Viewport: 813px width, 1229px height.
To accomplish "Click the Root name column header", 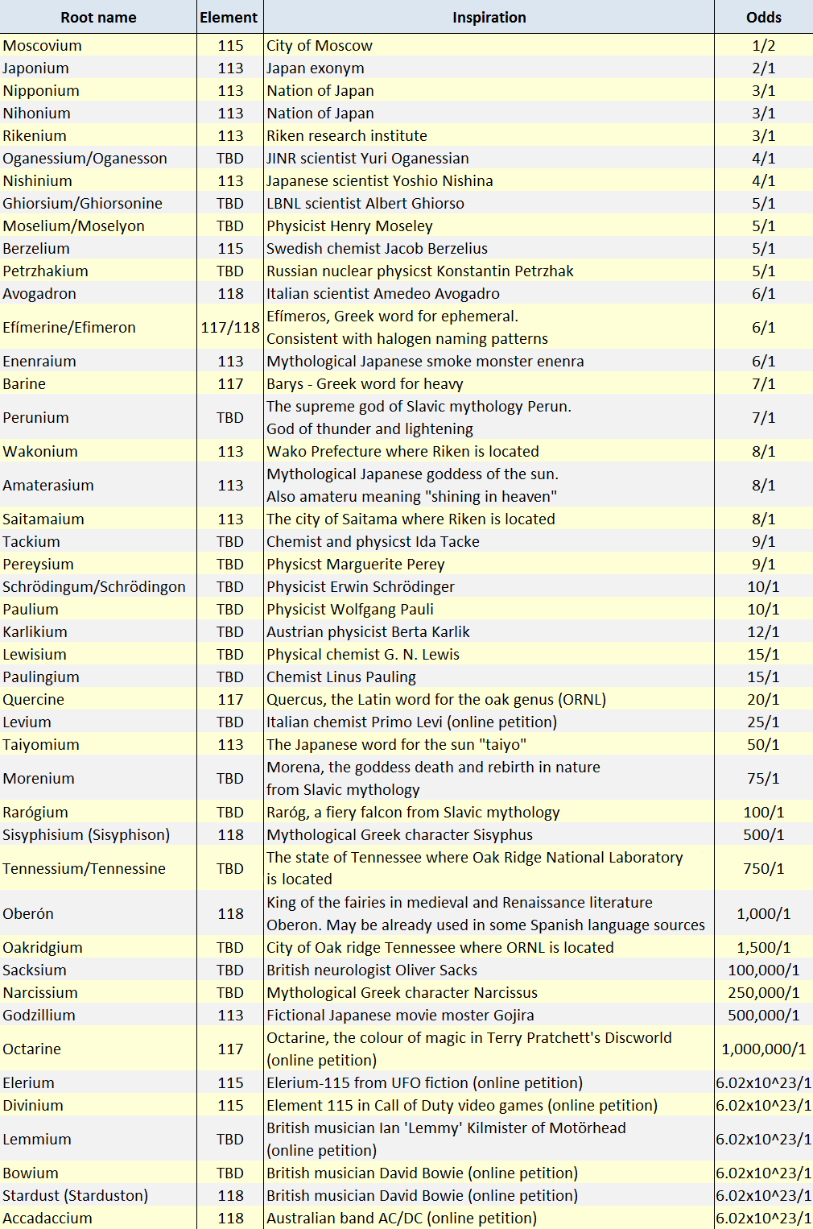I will (98, 18).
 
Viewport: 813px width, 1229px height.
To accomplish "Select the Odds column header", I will (763, 18).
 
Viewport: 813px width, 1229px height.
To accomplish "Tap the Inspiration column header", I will (489, 18).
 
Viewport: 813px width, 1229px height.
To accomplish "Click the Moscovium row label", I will (43, 46).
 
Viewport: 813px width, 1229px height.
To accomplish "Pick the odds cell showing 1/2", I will (763, 46).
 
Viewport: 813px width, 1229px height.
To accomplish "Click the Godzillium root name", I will (39, 1016).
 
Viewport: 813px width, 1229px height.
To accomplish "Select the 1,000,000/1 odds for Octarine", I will (763, 1049).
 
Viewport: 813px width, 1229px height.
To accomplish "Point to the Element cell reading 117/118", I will (230, 328).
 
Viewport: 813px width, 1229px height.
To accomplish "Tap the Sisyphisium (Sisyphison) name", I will (86, 835).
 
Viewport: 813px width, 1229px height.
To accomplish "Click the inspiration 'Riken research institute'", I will (347, 136).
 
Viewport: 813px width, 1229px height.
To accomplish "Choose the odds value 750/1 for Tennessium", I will (763, 869).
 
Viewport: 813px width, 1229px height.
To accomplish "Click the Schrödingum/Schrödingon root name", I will (94, 587).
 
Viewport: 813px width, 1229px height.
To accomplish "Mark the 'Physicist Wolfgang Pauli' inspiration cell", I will (350, 610).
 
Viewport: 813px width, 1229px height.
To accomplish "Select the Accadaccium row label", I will (47, 1219).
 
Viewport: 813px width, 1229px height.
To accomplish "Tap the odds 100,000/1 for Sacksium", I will (763, 970).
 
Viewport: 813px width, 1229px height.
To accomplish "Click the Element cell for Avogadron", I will (230, 294).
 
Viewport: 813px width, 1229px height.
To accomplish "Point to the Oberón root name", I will (28, 914).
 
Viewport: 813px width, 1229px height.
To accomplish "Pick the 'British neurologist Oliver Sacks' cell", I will (372, 970).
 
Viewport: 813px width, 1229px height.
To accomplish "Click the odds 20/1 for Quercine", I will (763, 700).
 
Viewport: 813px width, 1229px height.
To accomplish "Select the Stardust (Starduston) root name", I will (76, 1196).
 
